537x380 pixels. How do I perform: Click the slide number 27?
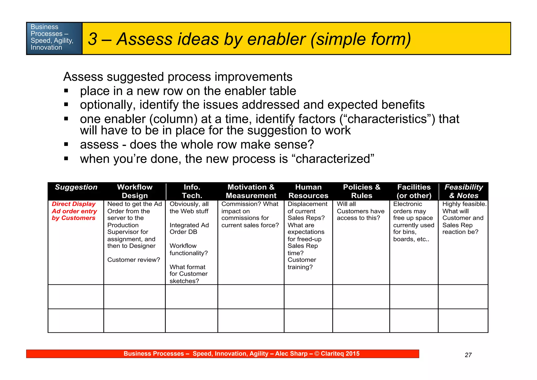click(x=468, y=355)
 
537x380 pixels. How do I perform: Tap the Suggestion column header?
click(x=76, y=187)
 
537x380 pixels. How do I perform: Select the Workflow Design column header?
click(x=135, y=191)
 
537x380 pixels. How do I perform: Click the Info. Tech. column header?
click(x=192, y=191)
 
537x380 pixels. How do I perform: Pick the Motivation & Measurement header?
click(x=251, y=191)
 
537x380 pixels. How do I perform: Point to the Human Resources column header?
click(x=308, y=191)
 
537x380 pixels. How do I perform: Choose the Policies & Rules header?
click(x=362, y=191)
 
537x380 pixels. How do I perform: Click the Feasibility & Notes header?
click(x=464, y=191)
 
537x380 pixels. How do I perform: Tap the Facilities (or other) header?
click(x=414, y=191)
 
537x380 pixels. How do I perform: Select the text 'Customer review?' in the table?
click(x=133, y=260)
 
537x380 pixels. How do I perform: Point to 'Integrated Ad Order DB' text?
click(x=189, y=228)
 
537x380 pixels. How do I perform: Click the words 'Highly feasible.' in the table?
click(x=464, y=204)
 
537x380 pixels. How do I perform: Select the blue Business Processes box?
click(x=54, y=38)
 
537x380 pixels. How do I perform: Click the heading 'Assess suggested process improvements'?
click(x=178, y=77)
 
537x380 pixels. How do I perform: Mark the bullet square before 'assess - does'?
click(x=66, y=144)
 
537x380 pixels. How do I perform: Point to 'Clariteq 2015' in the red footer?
click(x=340, y=354)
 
